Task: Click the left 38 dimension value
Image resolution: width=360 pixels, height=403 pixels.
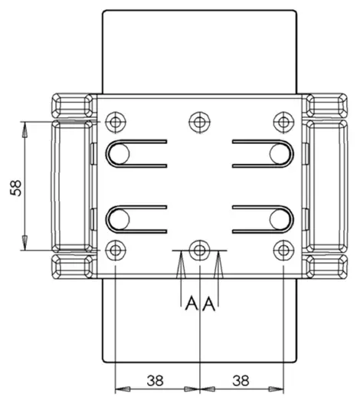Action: pos(156,379)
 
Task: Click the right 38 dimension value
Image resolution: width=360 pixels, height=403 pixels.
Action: pos(241,379)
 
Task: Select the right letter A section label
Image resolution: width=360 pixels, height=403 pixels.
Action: pos(208,304)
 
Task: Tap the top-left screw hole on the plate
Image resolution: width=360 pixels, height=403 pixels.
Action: pos(115,122)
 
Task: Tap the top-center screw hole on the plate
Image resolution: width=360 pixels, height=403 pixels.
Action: pos(199,122)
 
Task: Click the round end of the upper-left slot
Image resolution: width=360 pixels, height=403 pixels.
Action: pos(118,154)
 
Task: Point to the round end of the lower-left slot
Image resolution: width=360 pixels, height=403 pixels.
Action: pos(118,220)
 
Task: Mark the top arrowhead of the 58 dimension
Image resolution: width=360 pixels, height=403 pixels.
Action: pos(25,128)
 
